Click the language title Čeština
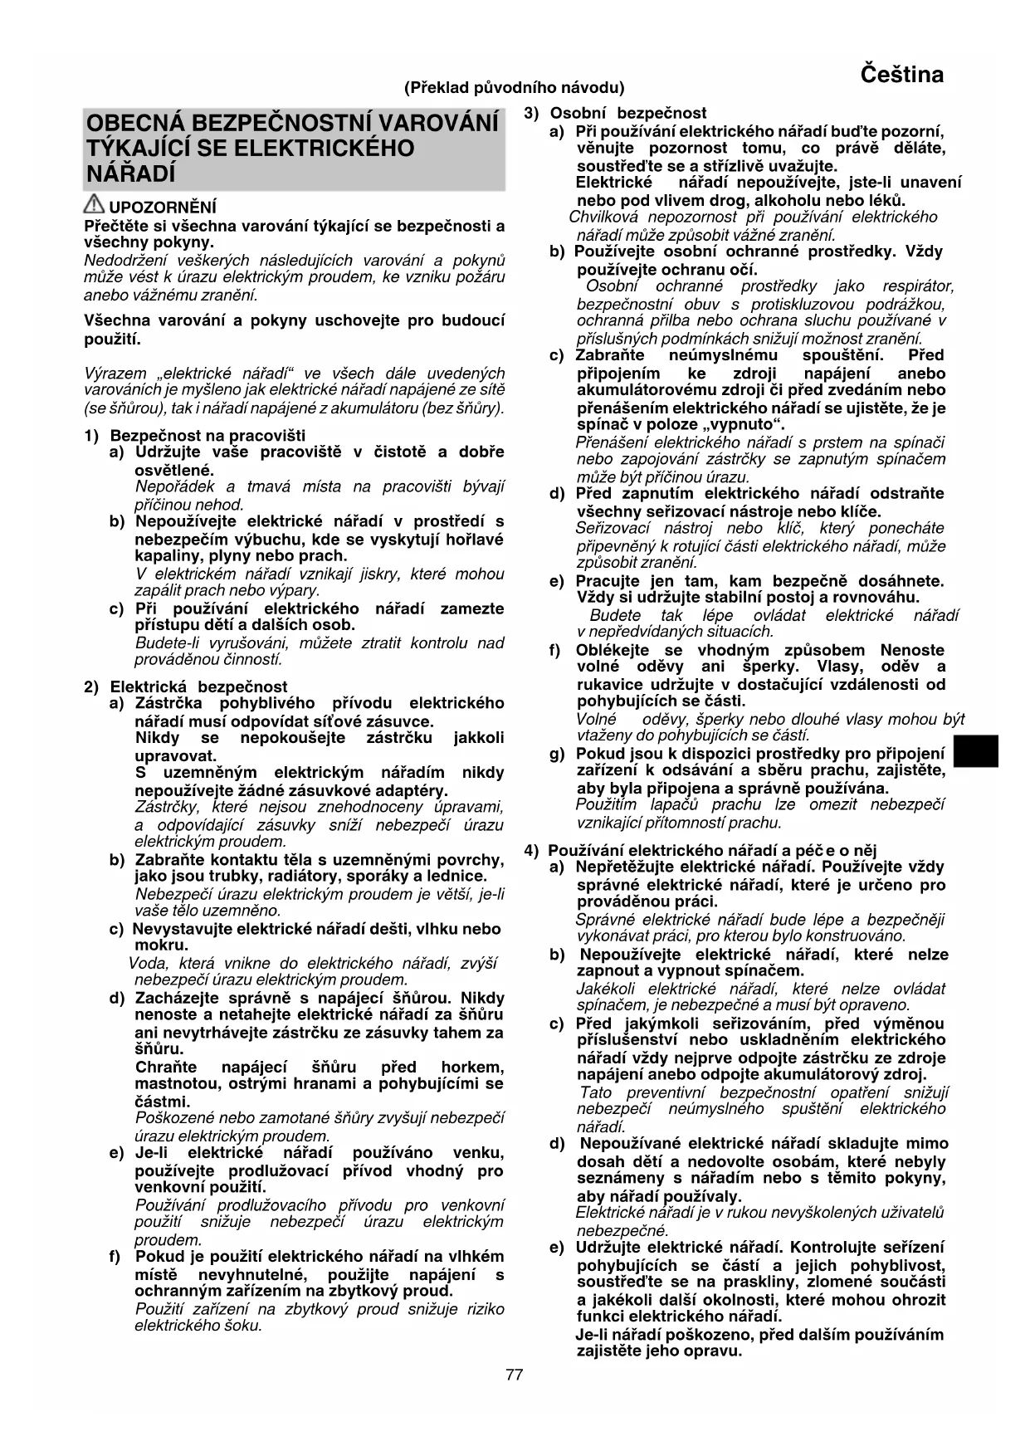[x=901, y=75]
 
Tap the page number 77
[x=514, y=1375]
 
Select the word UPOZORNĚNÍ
[x=163, y=208]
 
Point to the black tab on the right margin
[x=975, y=752]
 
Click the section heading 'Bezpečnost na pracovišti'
[x=207, y=435]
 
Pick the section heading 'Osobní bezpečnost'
[x=628, y=113]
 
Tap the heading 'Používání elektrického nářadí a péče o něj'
[x=712, y=850]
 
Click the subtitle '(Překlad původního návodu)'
[x=514, y=87]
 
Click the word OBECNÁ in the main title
[x=134, y=124]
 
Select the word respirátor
[x=918, y=286]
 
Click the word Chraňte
[x=166, y=1067]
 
